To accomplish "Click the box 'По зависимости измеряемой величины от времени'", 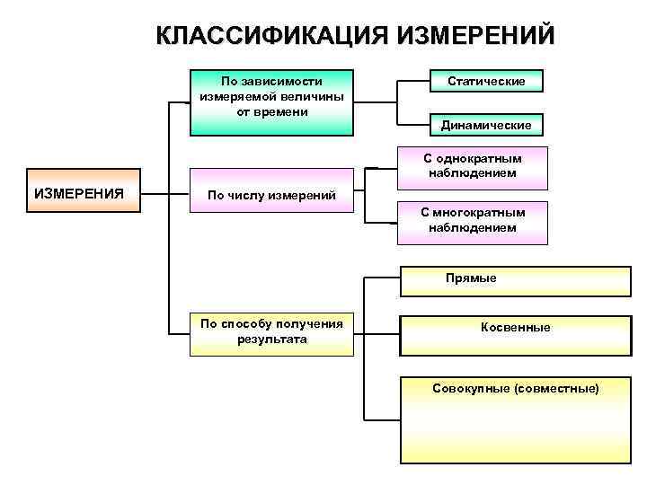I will tap(271, 101).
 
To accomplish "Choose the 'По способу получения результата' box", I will tap(271, 332).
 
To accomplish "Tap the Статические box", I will tap(486, 82).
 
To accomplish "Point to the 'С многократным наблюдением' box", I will tap(472, 222).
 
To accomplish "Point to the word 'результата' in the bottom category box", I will tap(271, 339).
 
